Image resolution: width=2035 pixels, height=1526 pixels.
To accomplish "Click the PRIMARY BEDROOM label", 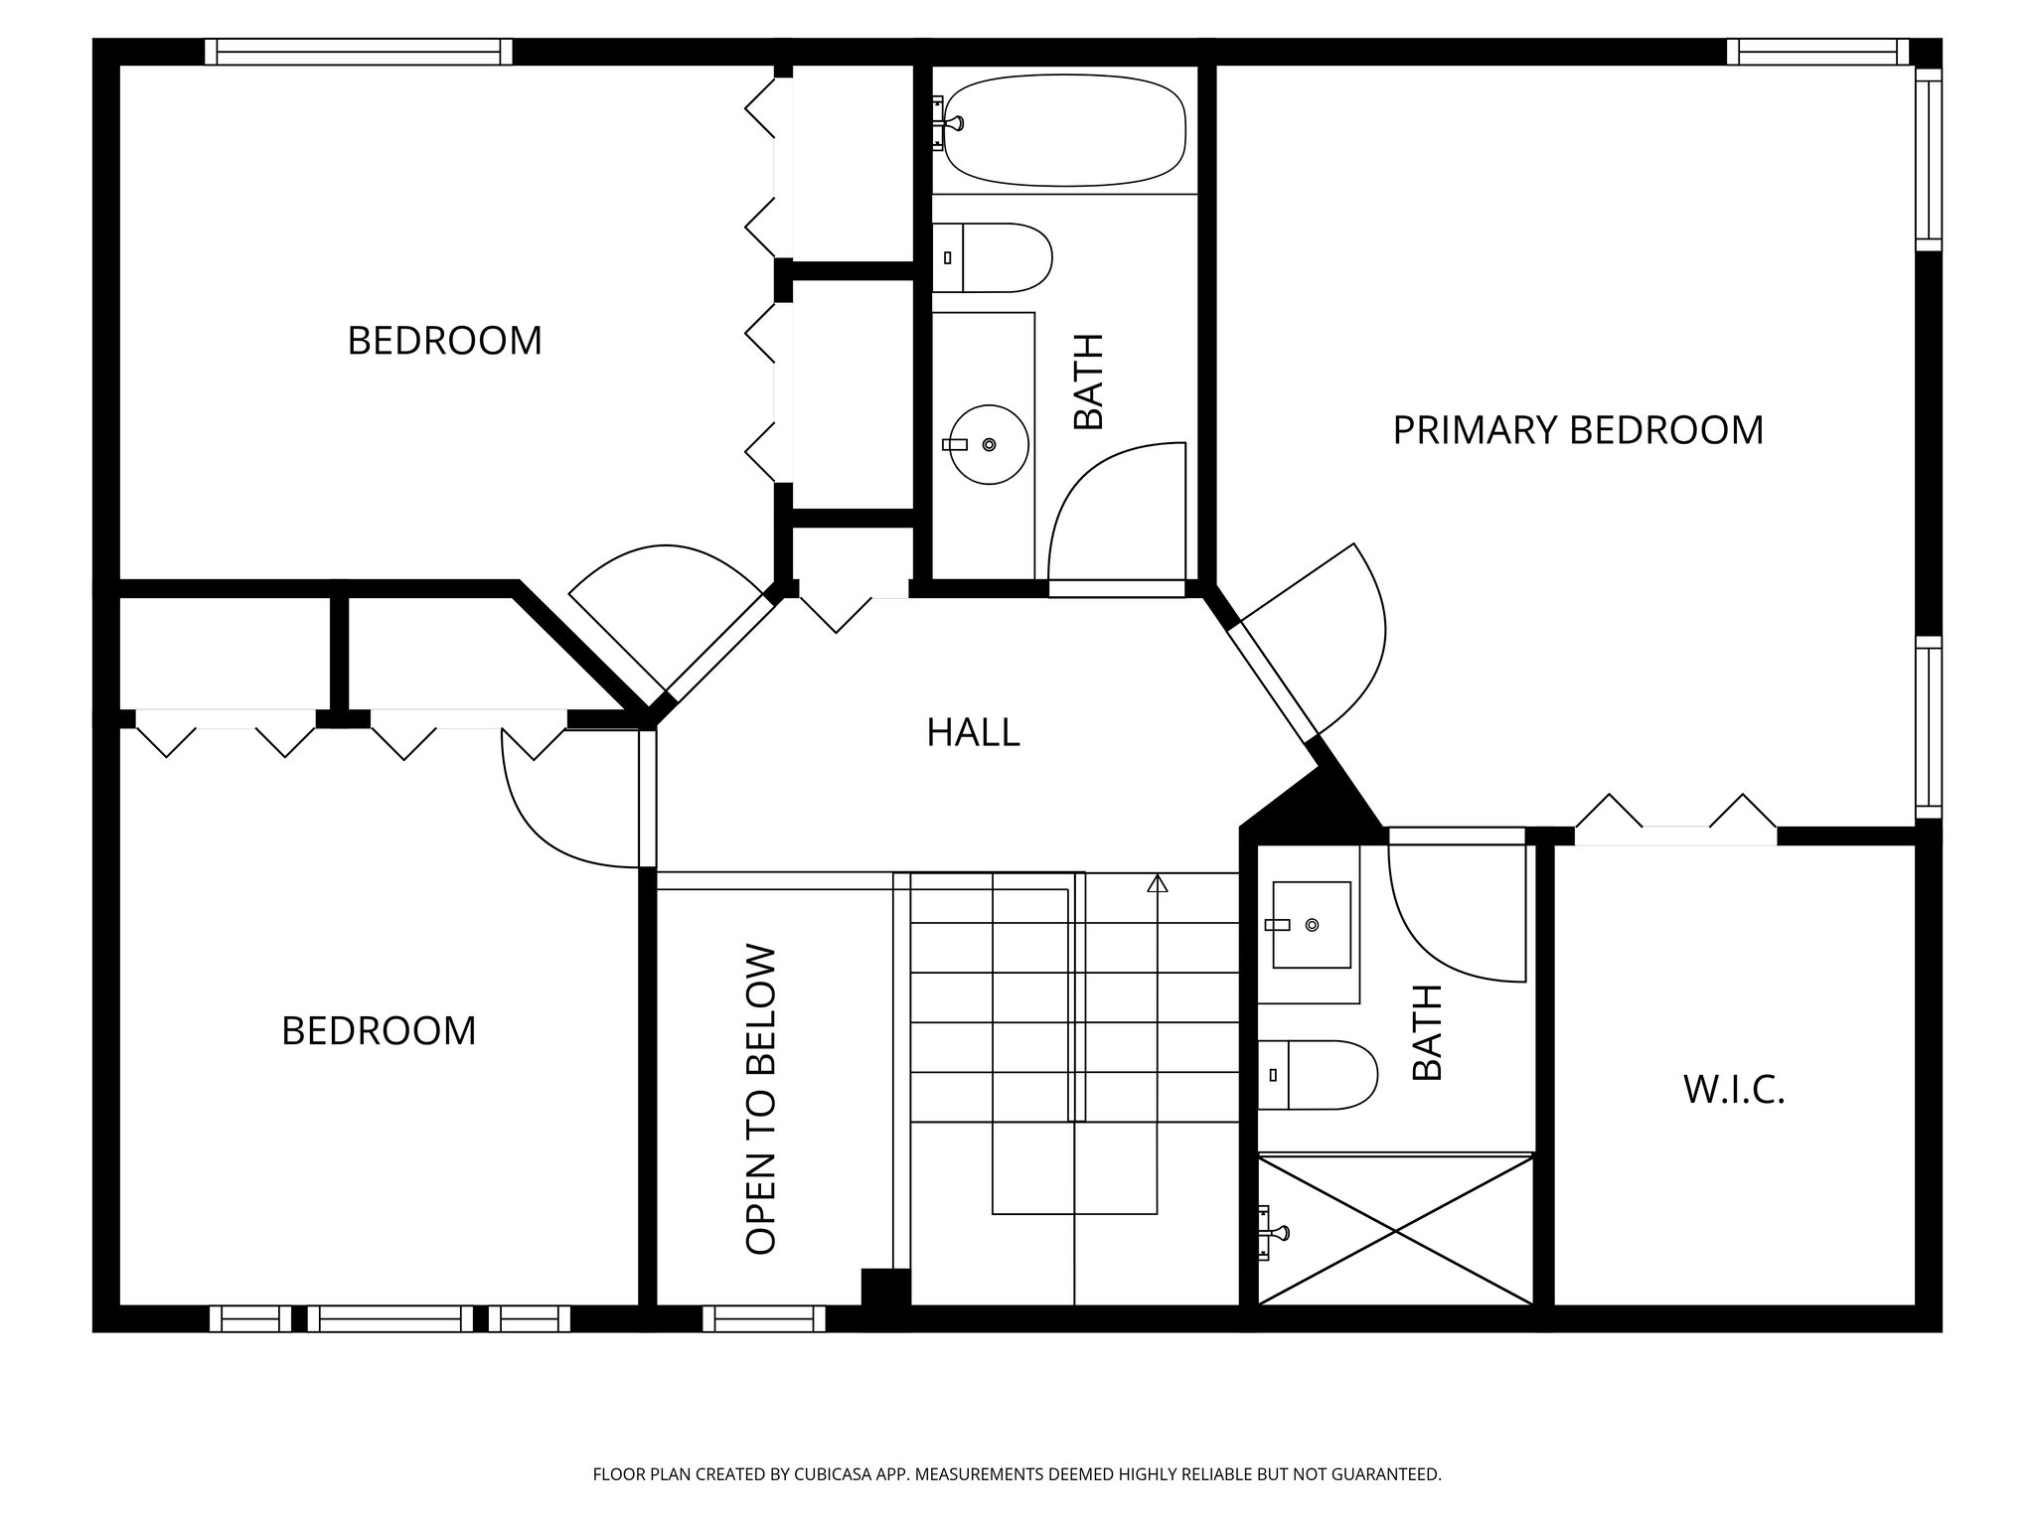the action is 1578,430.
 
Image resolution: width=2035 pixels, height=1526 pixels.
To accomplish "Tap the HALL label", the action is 973,732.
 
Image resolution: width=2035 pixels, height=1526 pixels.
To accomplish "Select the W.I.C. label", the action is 1734,1090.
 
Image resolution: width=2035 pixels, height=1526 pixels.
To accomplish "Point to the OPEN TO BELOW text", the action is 760,1099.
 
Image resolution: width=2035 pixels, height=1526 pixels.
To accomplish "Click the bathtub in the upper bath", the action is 1064,129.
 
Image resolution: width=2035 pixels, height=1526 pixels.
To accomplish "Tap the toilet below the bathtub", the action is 992,257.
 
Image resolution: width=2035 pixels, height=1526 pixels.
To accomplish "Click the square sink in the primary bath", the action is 1311,924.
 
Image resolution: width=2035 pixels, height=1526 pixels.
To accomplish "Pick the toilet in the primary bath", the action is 1318,1075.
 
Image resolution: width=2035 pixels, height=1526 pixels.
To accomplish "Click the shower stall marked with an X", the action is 1395,1229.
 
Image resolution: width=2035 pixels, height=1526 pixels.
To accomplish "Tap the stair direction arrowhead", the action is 1157,883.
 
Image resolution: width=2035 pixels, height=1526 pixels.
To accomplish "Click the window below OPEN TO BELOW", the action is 764,1318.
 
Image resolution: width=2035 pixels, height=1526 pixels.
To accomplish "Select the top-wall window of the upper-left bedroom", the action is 359,52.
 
